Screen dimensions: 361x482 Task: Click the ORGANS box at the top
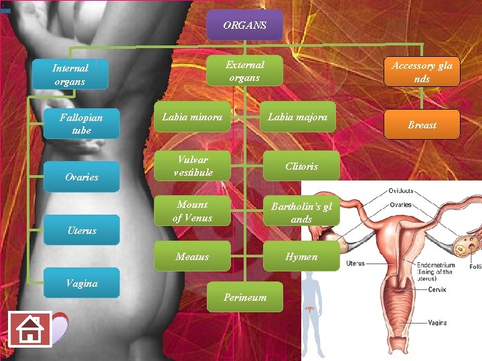tap(245, 25)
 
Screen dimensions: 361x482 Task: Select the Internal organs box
tap(70, 74)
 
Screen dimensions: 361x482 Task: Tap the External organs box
tap(245, 71)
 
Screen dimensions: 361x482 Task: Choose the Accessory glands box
tap(422, 72)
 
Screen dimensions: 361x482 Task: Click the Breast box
tap(422, 125)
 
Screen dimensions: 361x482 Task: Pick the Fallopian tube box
tap(82, 124)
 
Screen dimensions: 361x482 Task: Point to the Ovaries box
tap(82, 177)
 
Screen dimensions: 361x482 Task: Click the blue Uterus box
tap(82, 231)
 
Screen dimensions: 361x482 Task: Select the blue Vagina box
tap(82, 283)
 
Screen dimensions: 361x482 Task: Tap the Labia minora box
tap(192, 118)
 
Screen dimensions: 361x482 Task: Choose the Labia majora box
tap(298, 118)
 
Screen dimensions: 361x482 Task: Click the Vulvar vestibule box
tap(192, 166)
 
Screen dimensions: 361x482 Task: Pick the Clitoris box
tap(301, 166)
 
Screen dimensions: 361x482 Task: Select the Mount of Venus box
tap(192, 211)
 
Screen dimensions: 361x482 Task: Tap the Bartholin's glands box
tap(301, 212)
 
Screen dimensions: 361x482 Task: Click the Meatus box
tap(192, 257)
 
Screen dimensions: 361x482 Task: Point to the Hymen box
tap(301, 257)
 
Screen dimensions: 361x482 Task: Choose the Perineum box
tap(245, 297)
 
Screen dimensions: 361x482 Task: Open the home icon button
tap(30, 329)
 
